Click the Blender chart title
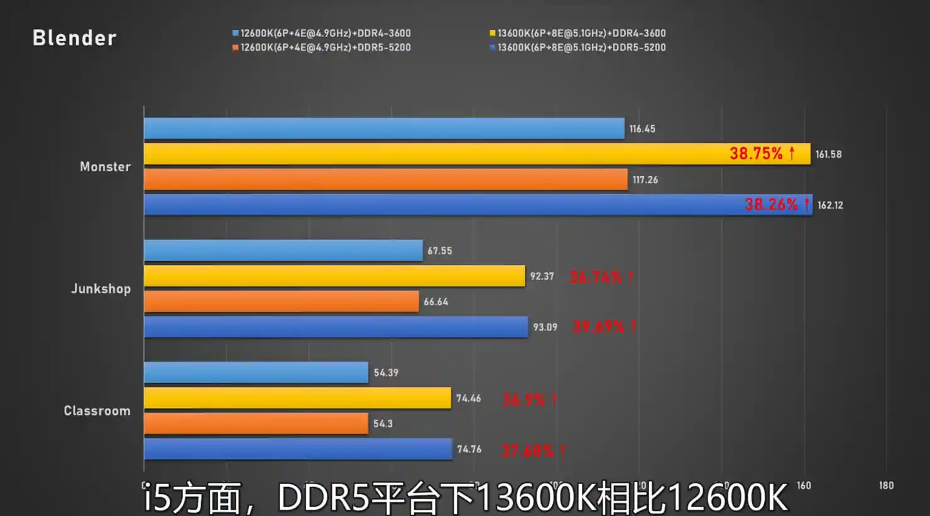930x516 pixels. point(74,38)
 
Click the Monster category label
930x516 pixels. point(105,167)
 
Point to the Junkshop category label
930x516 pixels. point(101,288)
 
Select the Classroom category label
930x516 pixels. point(97,410)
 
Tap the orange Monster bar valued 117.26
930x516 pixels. point(385,180)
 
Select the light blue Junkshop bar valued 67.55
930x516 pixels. point(283,250)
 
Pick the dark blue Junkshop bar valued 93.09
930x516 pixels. point(336,327)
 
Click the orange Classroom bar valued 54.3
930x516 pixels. point(256,424)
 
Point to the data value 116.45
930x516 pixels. point(642,129)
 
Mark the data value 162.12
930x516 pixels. point(830,206)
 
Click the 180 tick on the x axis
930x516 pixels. point(886,485)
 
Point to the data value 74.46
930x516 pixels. point(469,398)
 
